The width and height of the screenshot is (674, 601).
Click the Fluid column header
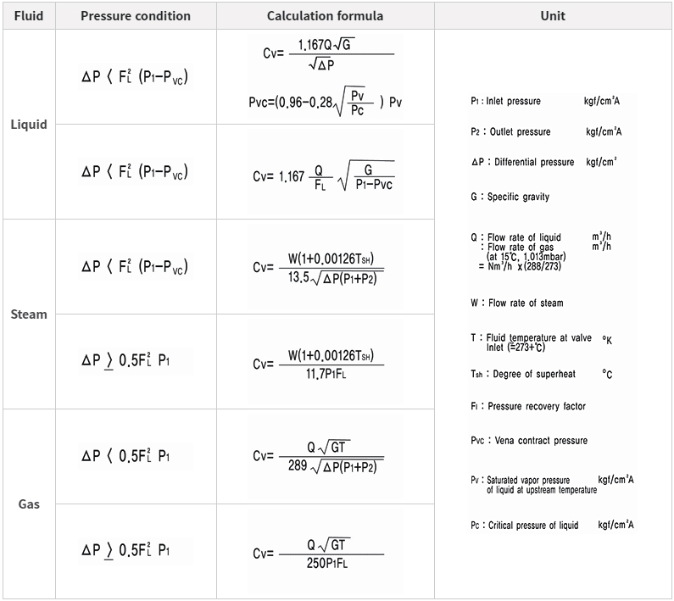click(x=28, y=16)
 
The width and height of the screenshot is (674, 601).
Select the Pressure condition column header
click(x=136, y=16)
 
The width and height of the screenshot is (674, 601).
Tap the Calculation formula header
click(x=325, y=16)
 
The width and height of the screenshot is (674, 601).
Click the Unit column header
click(x=553, y=16)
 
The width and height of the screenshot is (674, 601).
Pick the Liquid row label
click(x=28, y=125)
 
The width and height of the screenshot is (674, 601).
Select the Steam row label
click(x=28, y=314)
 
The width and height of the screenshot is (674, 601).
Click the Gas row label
click(x=28, y=504)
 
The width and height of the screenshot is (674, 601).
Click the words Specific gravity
click(x=518, y=197)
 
